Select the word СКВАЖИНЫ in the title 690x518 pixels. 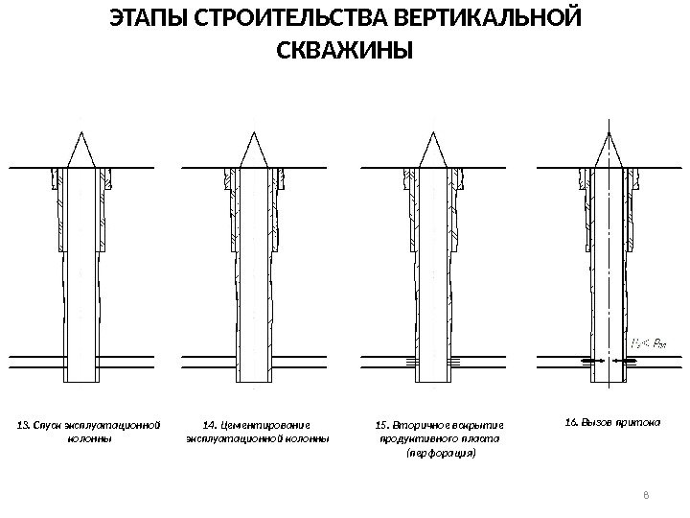pos(345,49)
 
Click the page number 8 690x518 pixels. pos(646,495)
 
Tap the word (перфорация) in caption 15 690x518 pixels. pos(441,453)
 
